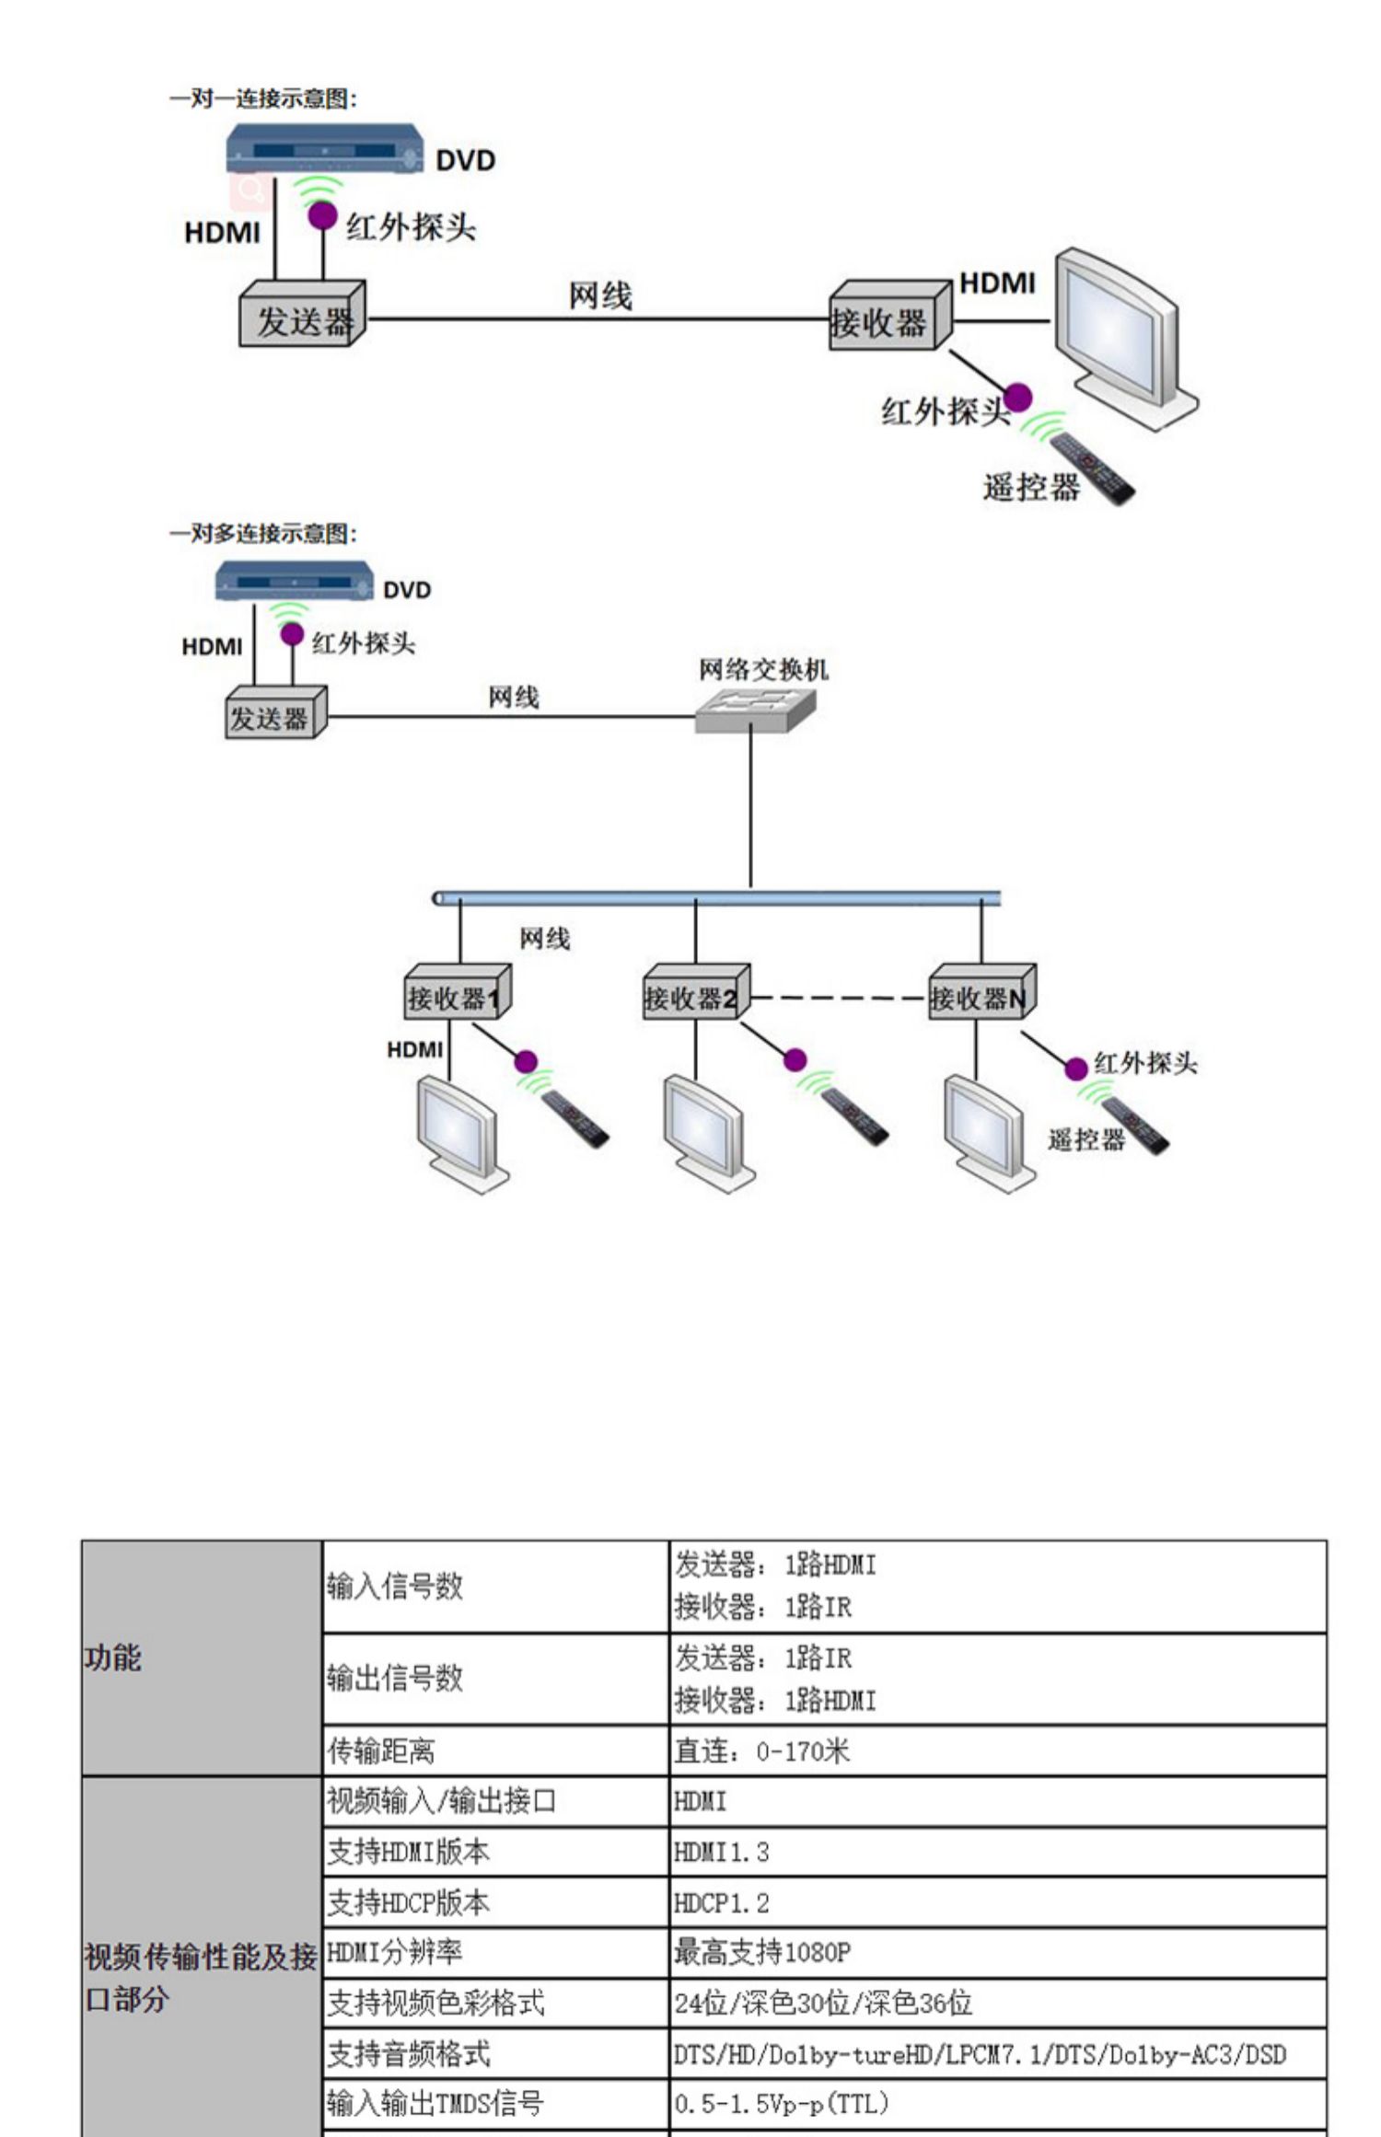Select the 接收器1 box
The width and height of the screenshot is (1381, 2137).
click(x=457, y=994)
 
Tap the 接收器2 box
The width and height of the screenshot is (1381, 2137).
click(x=695, y=994)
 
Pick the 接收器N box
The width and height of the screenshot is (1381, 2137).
click(x=981, y=994)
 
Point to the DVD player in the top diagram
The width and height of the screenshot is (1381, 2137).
click(x=324, y=150)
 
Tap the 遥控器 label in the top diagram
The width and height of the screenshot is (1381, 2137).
click(x=1030, y=487)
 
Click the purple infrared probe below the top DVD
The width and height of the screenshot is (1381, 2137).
click(x=322, y=216)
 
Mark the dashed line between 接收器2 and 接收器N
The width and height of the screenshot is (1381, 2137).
click(x=838, y=998)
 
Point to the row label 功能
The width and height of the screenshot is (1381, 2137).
click(x=112, y=1658)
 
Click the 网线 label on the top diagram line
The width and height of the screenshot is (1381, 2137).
click(x=600, y=296)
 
